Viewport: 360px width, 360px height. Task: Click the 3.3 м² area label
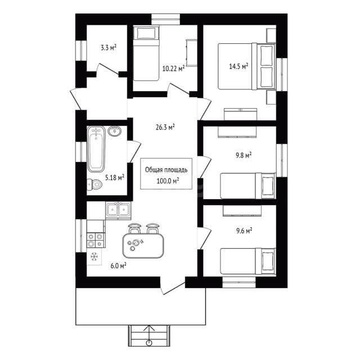coord(109,48)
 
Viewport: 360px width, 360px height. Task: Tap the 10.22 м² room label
coord(174,68)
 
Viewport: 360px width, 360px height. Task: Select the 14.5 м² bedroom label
coord(238,66)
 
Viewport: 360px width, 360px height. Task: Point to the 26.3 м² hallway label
coord(165,127)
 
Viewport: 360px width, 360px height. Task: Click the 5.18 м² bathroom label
coord(115,178)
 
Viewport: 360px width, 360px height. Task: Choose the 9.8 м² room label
coord(244,155)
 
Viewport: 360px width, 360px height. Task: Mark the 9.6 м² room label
coord(244,231)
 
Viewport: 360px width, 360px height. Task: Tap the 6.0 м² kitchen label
coord(119,266)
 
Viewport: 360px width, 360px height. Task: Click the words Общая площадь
coord(166,170)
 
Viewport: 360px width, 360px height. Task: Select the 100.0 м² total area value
coord(168,181)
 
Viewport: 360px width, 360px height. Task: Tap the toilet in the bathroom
coord(94,184)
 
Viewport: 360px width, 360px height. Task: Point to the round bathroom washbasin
coord(114,131)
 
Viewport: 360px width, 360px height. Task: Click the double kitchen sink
coord(118,209)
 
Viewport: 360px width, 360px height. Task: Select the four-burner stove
coord(96,240)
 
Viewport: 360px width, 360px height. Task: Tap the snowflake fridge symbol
coord(94,256)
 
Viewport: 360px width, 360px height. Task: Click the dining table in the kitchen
coord(143,245)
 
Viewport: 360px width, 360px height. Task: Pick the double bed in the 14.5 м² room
coord(246,66)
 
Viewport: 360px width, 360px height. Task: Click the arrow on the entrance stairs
coord(150,335)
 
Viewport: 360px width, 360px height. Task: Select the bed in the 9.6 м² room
coord(248,261)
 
